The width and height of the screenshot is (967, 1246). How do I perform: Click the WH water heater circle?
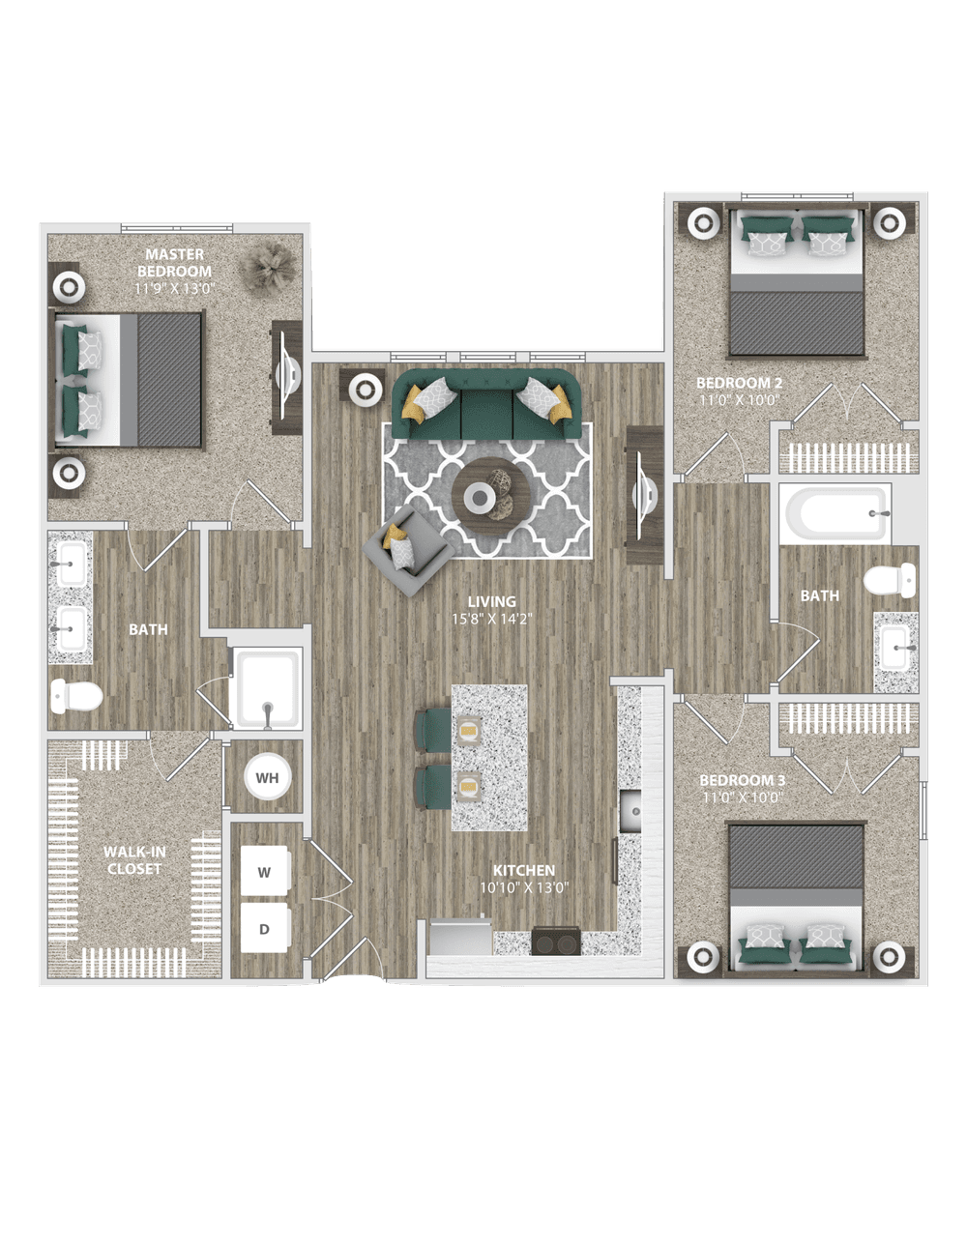click(x=267, y=778)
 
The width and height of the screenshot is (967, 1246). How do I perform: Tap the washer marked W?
click(x=265, y=871)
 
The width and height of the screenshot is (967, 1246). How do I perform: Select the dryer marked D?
click(x=265, y=928)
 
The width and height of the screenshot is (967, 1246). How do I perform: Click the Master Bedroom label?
click(x=174, y=263)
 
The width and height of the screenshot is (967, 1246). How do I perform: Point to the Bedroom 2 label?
click(x=739, y=383)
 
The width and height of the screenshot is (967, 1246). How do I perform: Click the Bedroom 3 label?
click(x=742, y=780)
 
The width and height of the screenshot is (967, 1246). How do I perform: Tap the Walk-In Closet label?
click(x=134, y=860)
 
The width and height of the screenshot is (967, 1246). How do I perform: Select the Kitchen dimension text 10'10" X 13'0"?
click(x=524, y=887)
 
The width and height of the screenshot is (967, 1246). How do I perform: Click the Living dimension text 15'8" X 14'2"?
click(x=492, y=619)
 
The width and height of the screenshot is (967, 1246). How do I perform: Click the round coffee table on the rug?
click(x=491, y=497)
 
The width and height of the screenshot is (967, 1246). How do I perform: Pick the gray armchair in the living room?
click(x=408, y=550)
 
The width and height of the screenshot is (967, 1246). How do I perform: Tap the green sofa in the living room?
click(x=487, y=404)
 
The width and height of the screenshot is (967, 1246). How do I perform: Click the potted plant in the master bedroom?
click(x=268, y=267)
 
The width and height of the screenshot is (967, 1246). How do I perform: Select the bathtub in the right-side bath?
click(x=835, y=513)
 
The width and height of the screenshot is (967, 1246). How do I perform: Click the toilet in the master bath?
click(x=76, y=697)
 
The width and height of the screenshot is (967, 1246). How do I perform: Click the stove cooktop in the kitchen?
click(x=556, y=940)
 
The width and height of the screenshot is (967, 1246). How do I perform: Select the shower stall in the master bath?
click(x=267, y=688)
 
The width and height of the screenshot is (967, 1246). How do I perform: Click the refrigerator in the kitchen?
click(x=460, y=937)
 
